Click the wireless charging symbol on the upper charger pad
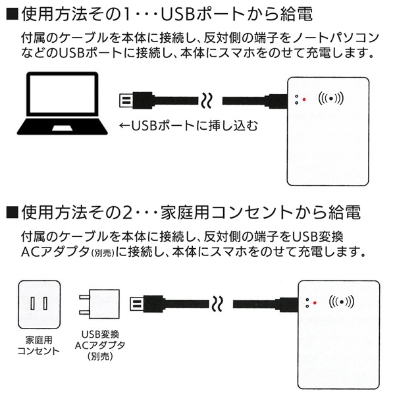[330, 99]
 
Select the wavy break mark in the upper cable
[207, 101]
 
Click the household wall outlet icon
[37, 303]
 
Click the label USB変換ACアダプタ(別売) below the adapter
[99, 345]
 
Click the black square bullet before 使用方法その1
[11, 15]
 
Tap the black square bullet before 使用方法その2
[11, 213]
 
